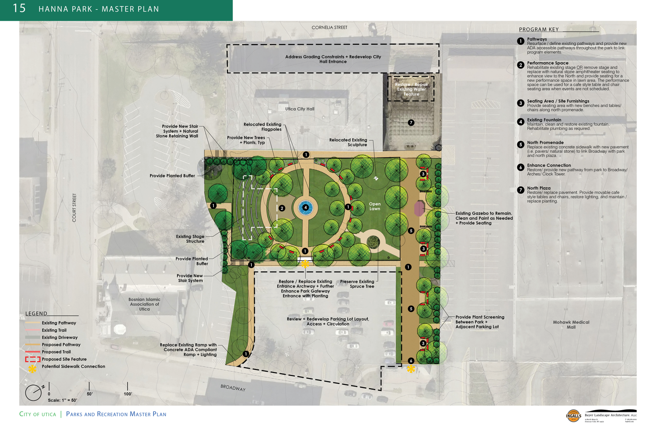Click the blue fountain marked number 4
305,207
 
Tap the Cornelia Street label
329,28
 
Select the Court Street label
74,207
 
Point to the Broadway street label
233,388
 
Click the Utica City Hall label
300,109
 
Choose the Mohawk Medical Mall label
571,324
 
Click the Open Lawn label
375,206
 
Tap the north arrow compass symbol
34,392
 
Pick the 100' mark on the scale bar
128,393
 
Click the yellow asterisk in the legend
32,369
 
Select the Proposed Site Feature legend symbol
32,359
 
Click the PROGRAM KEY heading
539,30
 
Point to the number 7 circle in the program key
520,190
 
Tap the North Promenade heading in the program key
545,143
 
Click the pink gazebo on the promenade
419,208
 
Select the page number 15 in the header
19,8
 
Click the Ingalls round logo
573,415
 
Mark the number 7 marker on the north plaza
411,123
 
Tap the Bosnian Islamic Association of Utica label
144,304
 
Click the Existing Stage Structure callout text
190,239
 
